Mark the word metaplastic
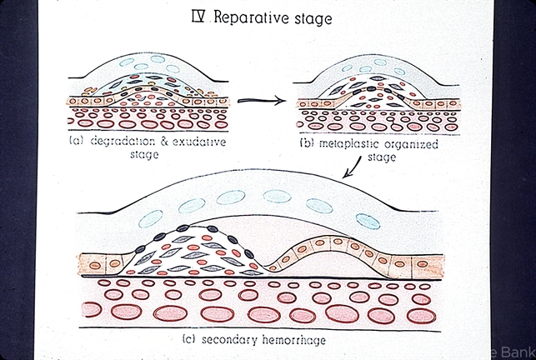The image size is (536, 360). point(343,143)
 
